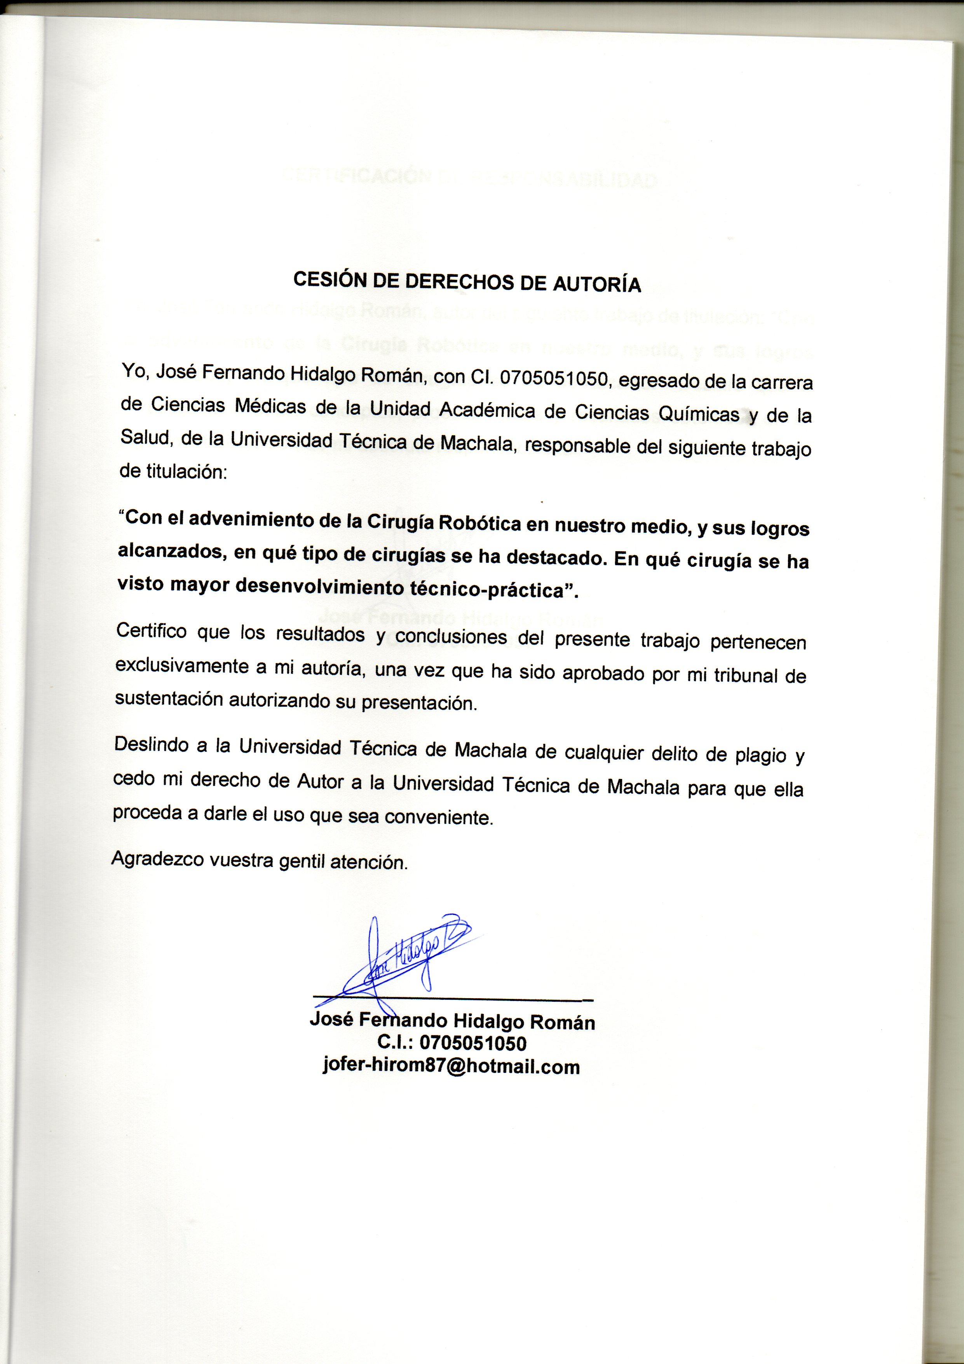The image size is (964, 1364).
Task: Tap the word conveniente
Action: coord(439,818)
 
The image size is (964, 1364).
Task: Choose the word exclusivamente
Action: coord(182,665)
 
